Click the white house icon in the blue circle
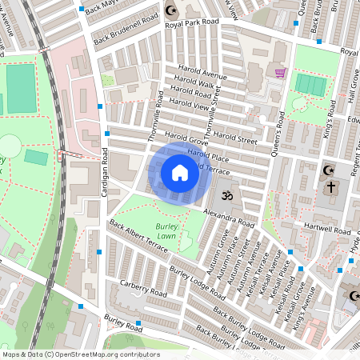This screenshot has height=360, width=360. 180,172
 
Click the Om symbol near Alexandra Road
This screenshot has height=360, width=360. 225,194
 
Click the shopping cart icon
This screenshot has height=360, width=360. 280,74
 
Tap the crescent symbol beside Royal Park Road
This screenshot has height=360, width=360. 170,10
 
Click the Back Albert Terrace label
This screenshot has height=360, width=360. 139,237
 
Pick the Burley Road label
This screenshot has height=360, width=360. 123,324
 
